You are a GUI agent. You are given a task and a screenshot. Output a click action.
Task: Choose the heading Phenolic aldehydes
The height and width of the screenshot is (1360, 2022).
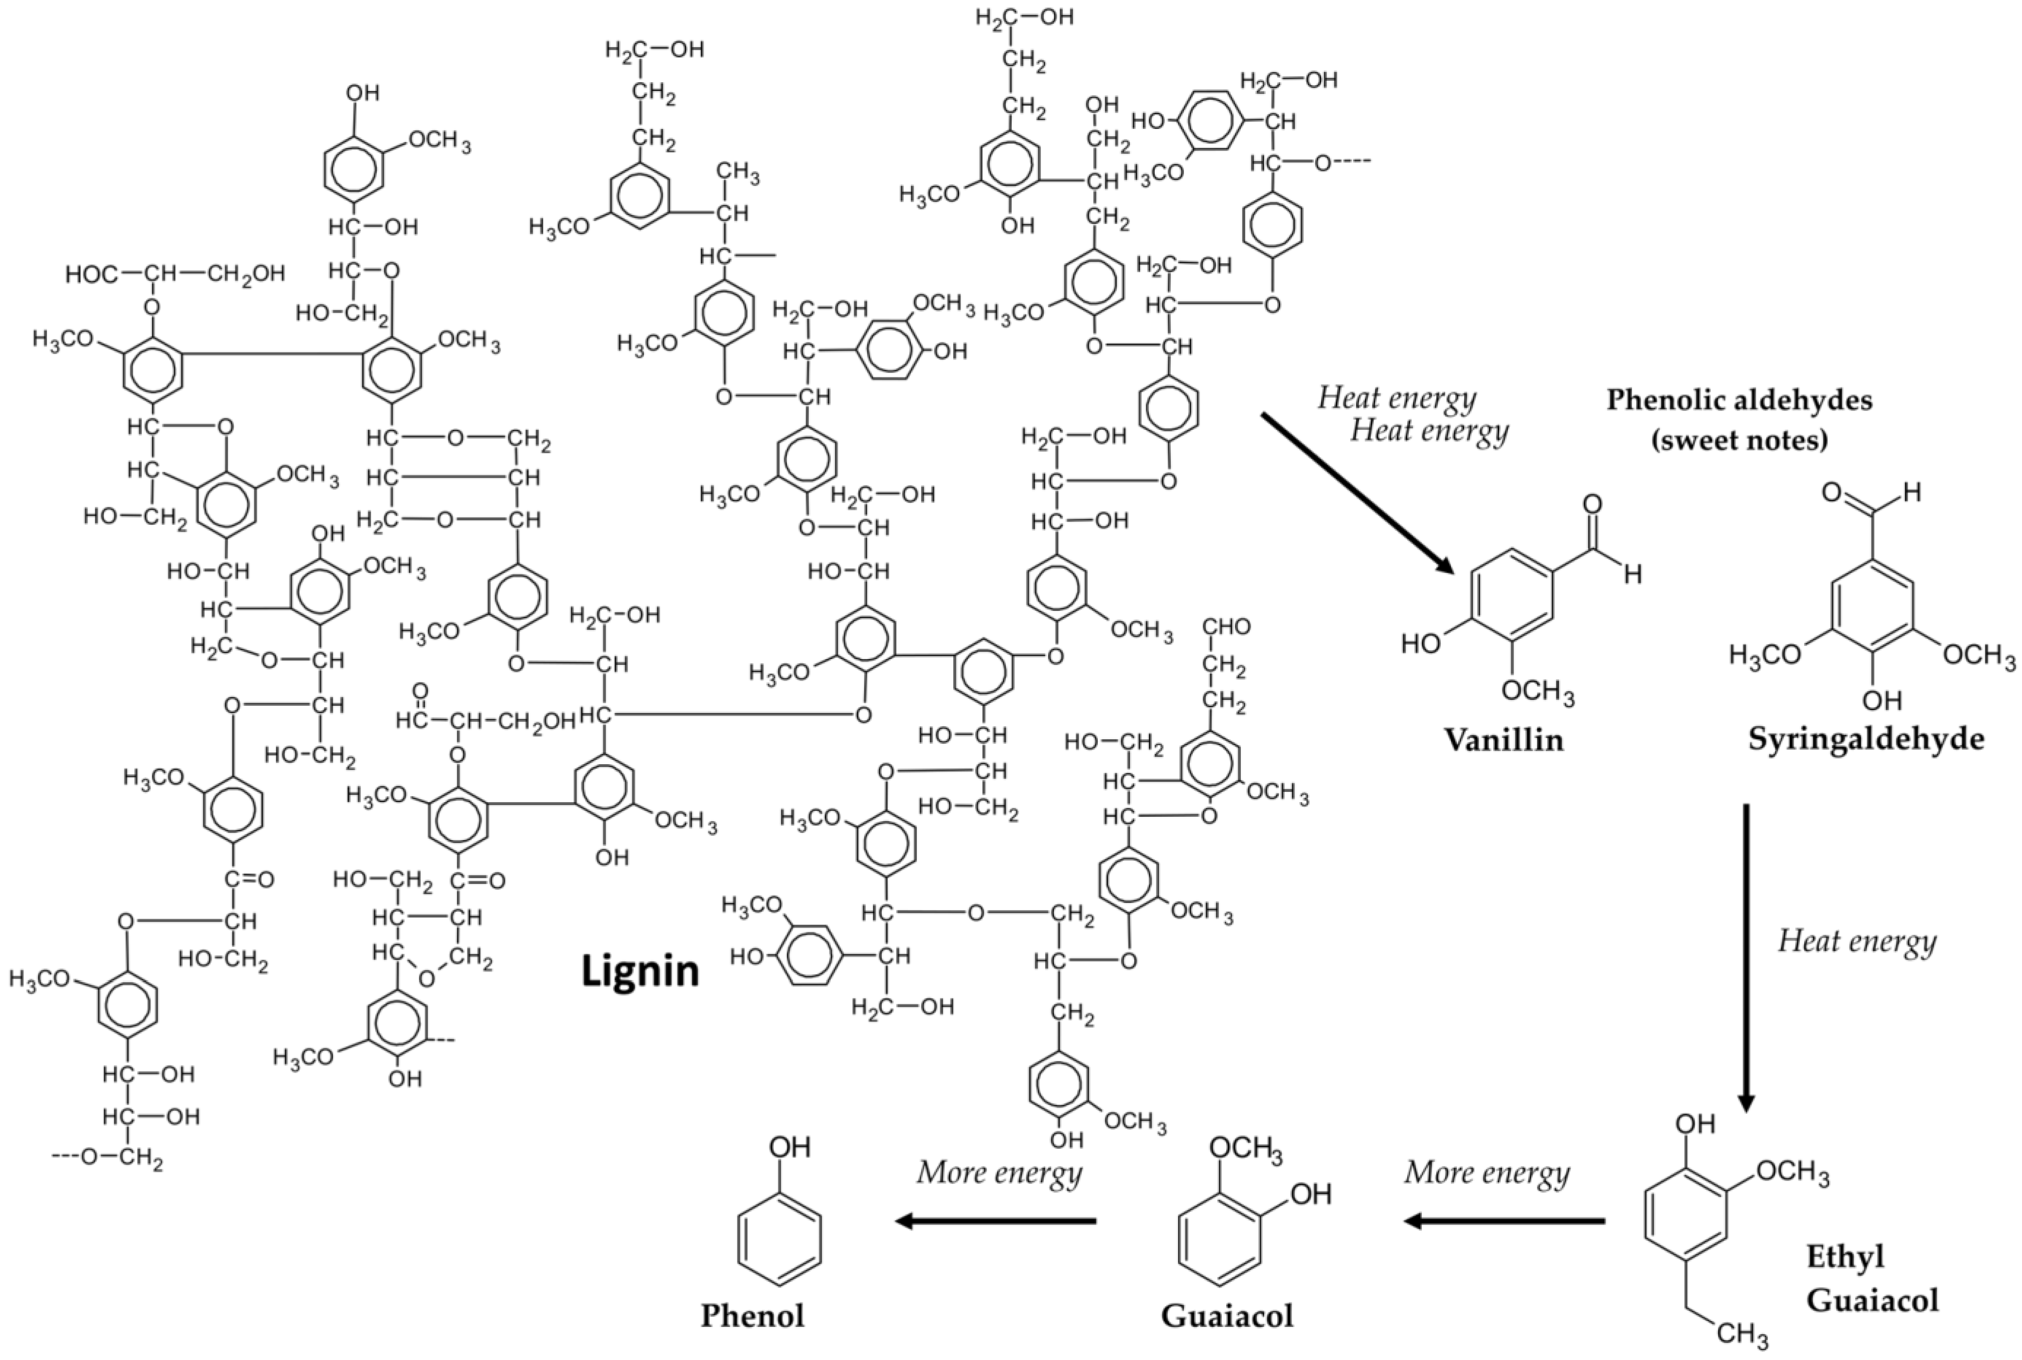tap(1739, 400)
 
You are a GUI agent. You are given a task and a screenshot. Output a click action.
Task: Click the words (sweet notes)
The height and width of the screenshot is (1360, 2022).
tap(1739, 440)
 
